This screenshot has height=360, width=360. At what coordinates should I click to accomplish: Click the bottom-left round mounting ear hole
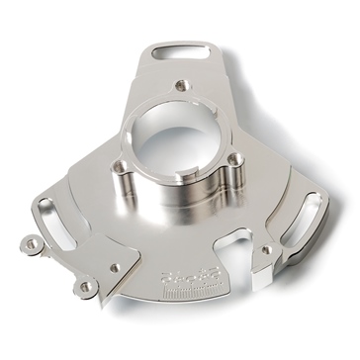tap(86, 288)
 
